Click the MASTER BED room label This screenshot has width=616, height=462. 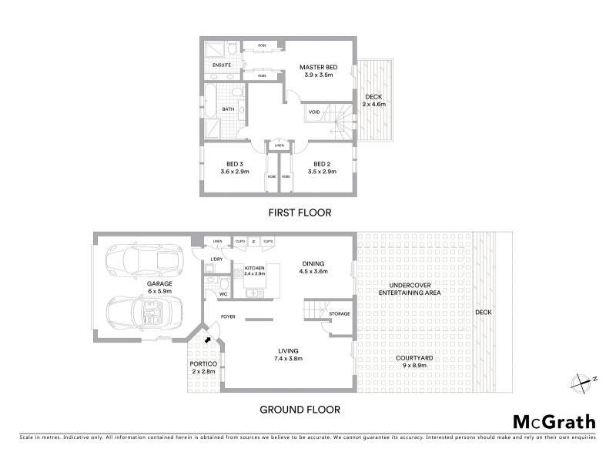[319, 68]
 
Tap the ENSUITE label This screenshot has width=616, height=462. [221, 65]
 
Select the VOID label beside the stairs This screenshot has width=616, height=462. [314, 112]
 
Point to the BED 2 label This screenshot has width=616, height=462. [321, 163]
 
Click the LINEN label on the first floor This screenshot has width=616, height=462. [278, 145]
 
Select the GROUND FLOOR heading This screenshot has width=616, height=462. [300, 410]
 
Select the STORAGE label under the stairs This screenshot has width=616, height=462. [339, 313]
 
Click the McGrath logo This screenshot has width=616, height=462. [554, 421]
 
